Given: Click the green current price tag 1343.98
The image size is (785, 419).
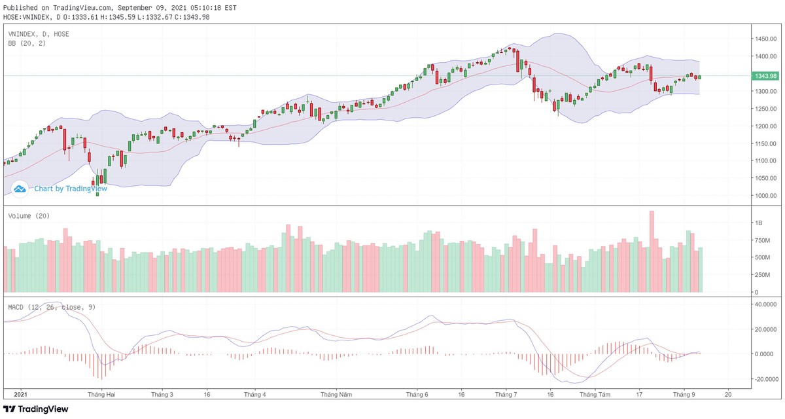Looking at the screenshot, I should coord(765,76).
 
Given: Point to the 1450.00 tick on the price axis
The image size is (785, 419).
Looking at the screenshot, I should coord(765,39).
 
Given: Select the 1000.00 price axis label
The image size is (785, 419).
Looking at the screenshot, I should coord(765,196).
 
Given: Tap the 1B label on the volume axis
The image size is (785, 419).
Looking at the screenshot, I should coord(758,223).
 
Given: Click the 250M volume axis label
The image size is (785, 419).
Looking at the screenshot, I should coord(762,275).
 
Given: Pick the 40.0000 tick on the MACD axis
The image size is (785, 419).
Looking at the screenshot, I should coord(767,304).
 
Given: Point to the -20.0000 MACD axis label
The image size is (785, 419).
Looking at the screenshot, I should coord(767,379).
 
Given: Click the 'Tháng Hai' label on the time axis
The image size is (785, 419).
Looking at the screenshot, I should coord(101,395).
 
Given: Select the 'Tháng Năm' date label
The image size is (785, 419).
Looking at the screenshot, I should coord(336,395).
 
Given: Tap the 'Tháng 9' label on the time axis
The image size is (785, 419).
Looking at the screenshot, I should coord(684,395).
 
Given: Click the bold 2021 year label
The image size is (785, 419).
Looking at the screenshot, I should coord(20,395).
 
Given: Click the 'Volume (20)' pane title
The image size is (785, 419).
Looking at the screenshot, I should coord(29,216).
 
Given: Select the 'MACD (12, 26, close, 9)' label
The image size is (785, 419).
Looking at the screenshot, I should coord(52,306).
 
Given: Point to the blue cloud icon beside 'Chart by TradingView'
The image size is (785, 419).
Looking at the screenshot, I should coord(20,189).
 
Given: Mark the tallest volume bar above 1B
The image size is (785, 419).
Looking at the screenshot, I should coord(652,251).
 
